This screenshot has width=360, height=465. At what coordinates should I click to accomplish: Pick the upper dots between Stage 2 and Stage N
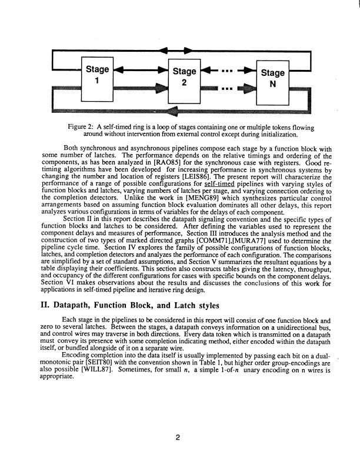(x=226, y=73)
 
